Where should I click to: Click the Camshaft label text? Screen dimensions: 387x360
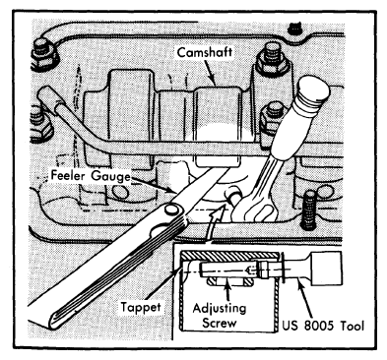click(205, 52)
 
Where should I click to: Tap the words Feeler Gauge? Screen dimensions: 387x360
click(91, 176)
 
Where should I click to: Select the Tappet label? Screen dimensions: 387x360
click(141, 308)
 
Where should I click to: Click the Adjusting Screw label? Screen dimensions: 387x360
click(220, 316)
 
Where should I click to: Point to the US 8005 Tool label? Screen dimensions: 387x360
click(323, 327)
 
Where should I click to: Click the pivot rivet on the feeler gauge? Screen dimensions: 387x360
click(171, 209)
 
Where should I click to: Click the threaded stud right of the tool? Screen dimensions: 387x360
click(308, 210)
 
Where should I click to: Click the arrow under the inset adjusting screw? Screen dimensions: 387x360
click(226, 287)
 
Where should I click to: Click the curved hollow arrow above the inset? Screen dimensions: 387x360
click(213, 222)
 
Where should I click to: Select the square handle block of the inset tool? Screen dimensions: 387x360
click(326, 270)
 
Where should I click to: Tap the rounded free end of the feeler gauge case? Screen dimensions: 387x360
click(53, 320)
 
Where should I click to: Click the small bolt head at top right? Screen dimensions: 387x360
click(294, 29)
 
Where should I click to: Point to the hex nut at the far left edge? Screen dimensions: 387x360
click(40, 126)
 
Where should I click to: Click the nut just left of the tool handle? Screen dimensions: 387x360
click(272, 121)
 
